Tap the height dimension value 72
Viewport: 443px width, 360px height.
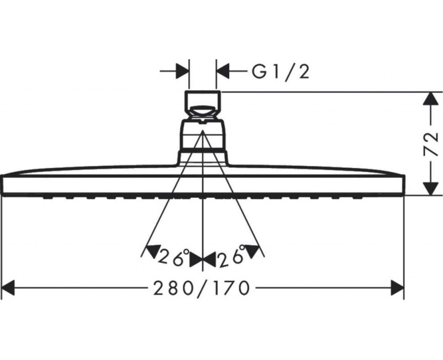coord(431,144)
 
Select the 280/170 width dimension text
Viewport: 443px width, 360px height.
coord(202,288)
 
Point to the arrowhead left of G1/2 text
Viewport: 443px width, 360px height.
coord(223,71)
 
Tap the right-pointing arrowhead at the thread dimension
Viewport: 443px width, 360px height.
coord(182,71)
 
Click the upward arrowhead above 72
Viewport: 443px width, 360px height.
coord(430,99)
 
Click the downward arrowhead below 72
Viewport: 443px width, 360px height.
coord(430,188)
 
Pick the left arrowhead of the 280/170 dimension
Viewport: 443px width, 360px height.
coord(8,288)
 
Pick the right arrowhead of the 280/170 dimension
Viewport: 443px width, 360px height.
coord(397,288)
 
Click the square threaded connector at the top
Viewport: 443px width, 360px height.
coord(203,101)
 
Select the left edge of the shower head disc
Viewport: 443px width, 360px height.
coord(2,185)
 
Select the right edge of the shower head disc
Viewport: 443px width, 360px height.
coord(404,185)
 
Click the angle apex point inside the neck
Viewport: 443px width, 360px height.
coord(203,131)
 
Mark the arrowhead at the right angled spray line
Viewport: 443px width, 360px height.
coord(253,251)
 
